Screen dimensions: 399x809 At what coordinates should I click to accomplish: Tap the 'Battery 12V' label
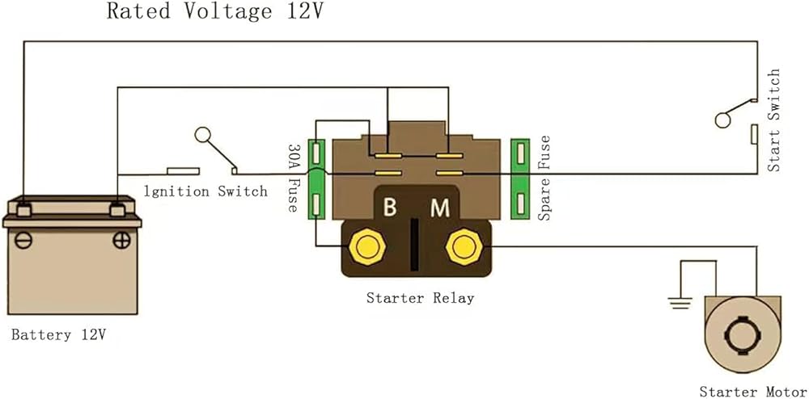pyautogui.click(x=58, y=334)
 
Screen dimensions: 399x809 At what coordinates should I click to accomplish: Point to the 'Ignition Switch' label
pyautogui.click(x=205, y=191)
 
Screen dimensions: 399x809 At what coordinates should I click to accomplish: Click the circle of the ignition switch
pyautogui.click(x=203, y=136)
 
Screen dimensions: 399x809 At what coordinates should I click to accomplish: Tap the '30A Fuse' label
pyautogui.click(x=293, y=178)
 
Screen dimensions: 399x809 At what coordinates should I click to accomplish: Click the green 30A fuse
pyautogui.click(x=317, y=179)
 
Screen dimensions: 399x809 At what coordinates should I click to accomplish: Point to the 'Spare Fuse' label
pyautogui.click(x=544, y=178)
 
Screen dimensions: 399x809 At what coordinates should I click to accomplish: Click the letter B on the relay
pyautogui.click(x=390, y=208)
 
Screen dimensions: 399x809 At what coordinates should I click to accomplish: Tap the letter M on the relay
pyautogui.click(x=439, y=208)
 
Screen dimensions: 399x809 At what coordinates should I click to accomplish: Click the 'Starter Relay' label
pyautogui.click(x=420, y=298)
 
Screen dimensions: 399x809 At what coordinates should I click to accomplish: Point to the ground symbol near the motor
pyautogui.click(x=678, y=303)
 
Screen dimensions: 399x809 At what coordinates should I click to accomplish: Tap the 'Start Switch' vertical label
pyautogui.click(x=774, y=120)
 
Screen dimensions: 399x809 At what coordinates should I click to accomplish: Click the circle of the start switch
pyautogui.click(x=723, y=120)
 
